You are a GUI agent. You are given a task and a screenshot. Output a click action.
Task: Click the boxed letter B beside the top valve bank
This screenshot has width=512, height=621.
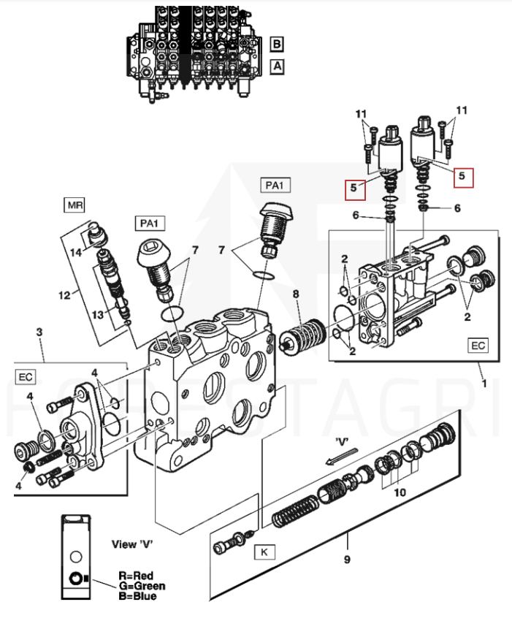click(x=277, y=44)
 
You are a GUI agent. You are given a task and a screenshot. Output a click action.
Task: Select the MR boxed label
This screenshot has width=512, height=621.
click(x=75, y=205)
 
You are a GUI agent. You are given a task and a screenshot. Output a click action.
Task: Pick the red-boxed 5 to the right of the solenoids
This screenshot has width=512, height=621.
click(x=461, y=176)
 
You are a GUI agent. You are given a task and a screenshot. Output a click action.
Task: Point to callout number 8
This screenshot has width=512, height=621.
click(x=296, y=294)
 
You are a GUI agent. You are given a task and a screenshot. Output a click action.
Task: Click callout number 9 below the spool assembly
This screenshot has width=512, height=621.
click(x=346, y=560)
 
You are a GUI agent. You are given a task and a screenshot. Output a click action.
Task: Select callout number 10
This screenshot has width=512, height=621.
click(x=400, y=492)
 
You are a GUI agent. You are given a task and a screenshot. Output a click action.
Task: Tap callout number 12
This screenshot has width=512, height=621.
click(x=64, y=295)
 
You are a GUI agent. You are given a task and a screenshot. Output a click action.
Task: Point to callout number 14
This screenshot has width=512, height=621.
click(x=77, y=251)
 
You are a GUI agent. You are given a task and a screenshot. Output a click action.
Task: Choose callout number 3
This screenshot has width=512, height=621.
click(x=39, y=332)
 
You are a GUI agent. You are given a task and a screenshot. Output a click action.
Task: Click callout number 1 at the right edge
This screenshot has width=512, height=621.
click(x=483, y=382)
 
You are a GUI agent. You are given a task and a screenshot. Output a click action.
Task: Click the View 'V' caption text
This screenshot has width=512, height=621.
click(x=134, y=544)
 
